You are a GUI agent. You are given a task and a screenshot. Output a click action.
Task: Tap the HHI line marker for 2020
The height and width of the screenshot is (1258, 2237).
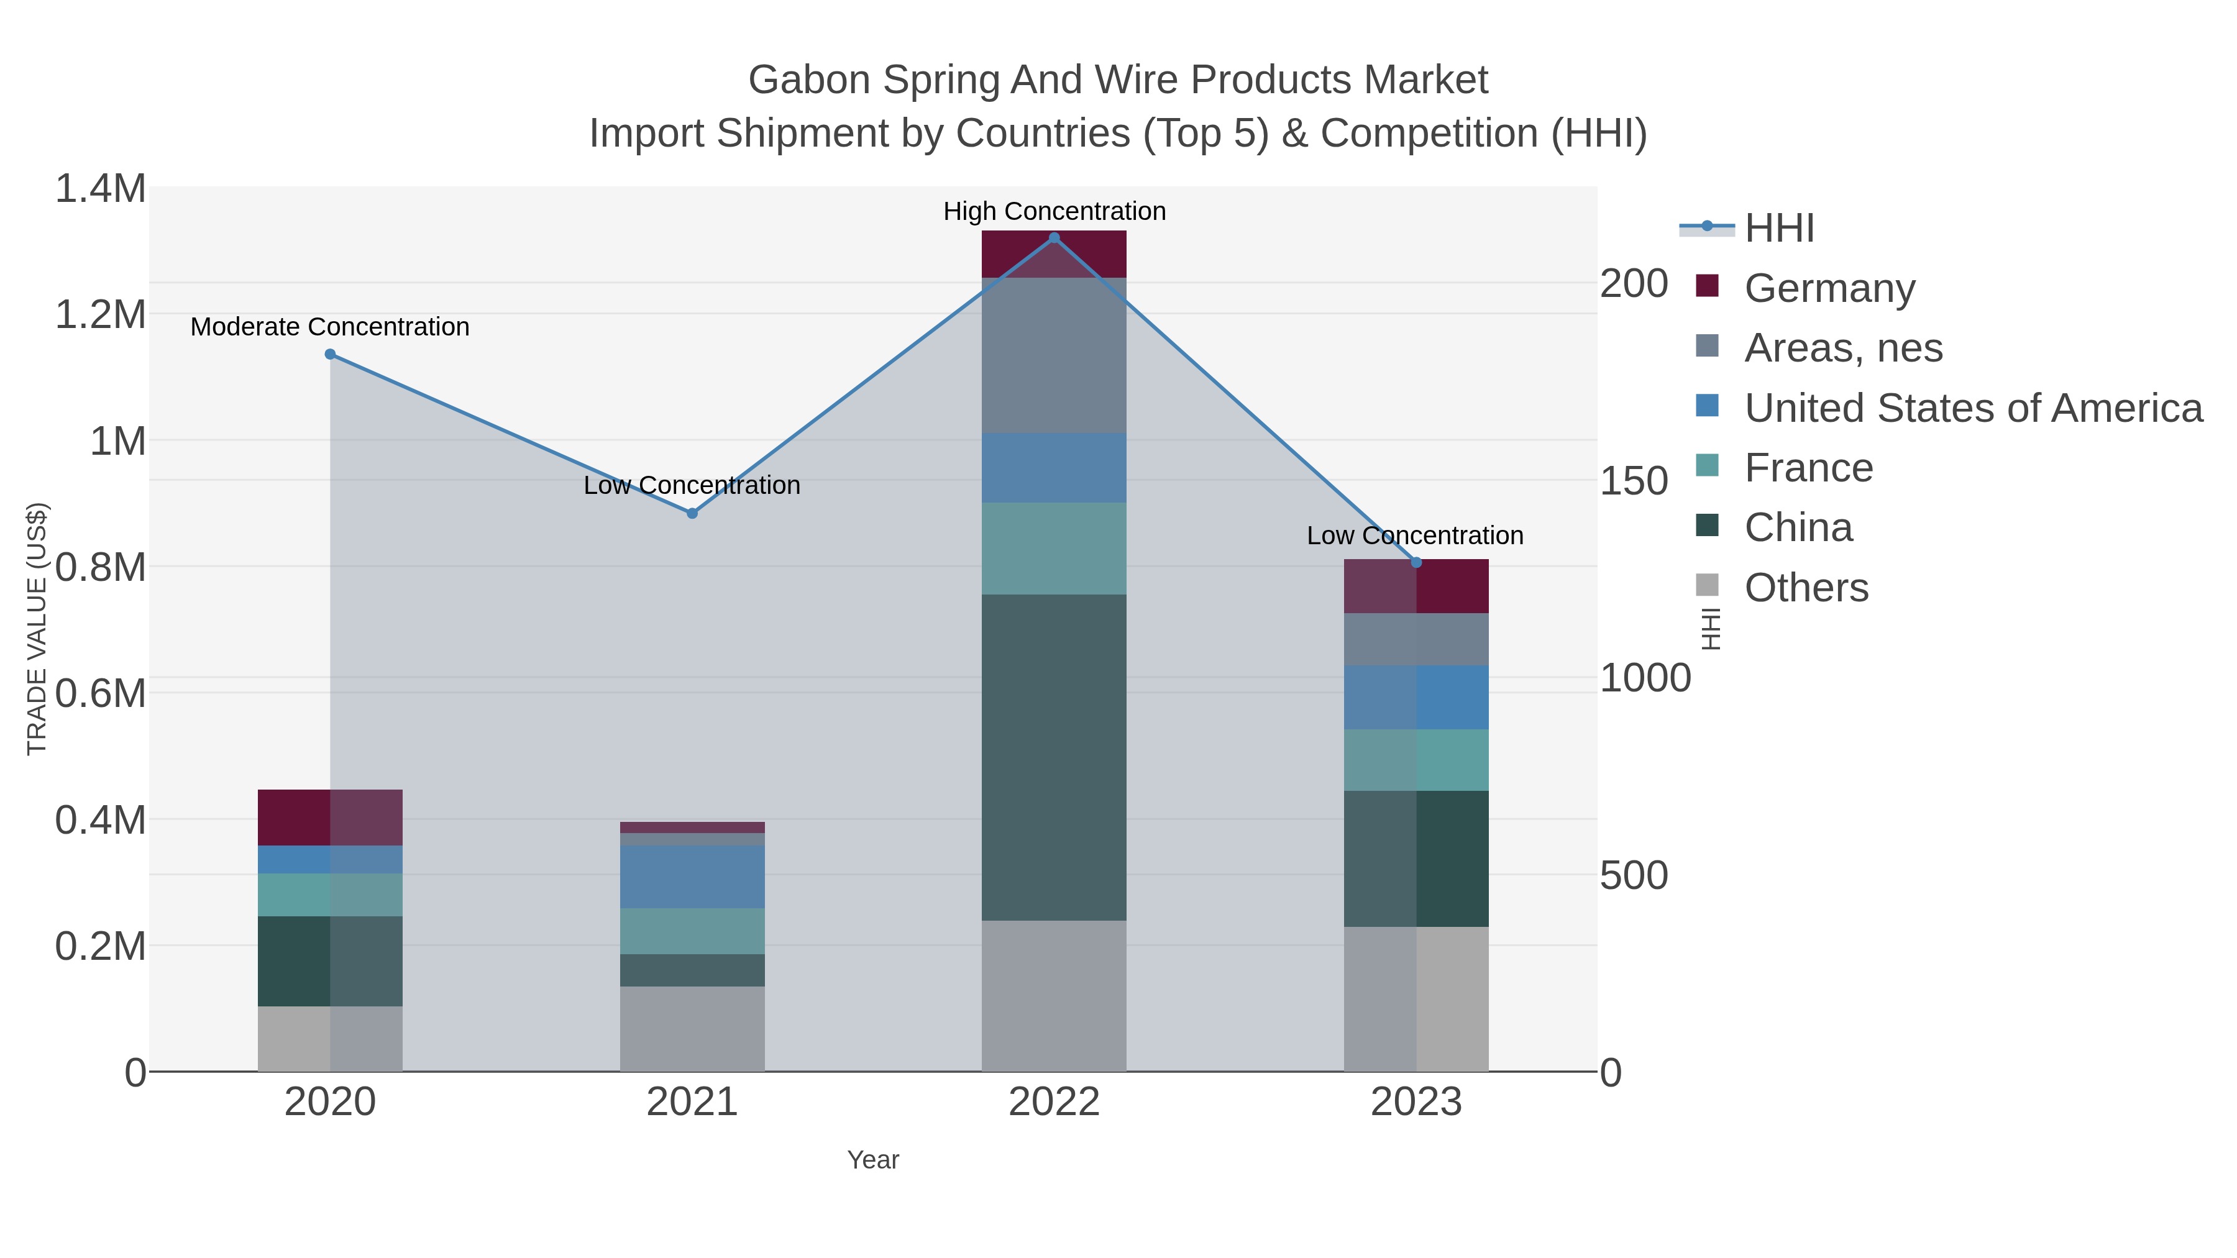[x=330, y=354]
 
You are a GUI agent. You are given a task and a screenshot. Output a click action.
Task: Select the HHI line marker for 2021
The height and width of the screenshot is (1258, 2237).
[x=692, y=513]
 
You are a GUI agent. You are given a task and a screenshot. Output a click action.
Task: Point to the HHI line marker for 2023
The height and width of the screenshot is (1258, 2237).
[x=1416, y=563]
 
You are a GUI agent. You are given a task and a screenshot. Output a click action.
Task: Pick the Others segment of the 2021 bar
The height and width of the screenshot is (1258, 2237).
[x=692, y=1028]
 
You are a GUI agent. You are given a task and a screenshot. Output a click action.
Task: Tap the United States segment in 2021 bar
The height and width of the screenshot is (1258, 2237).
[x=692, y=877]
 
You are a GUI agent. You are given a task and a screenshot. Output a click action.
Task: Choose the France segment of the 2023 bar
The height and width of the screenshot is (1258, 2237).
[x=1416, y=760]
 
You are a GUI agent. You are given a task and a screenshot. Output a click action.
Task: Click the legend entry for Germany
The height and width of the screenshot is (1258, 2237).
[x=1829, y=288]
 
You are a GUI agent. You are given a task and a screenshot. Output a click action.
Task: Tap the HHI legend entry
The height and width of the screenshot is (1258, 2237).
[x=1778, y=229]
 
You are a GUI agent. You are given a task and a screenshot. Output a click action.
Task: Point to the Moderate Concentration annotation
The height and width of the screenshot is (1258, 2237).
[x=330, y=327]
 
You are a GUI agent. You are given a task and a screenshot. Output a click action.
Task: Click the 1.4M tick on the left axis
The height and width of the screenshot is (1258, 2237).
[x=100, y=189]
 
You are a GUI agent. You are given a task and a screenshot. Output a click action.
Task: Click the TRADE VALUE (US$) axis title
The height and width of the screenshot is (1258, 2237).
[x=37, y=629]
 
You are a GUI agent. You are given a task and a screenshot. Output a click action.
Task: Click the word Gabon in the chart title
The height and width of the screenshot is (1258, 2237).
[x=808, y=80]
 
